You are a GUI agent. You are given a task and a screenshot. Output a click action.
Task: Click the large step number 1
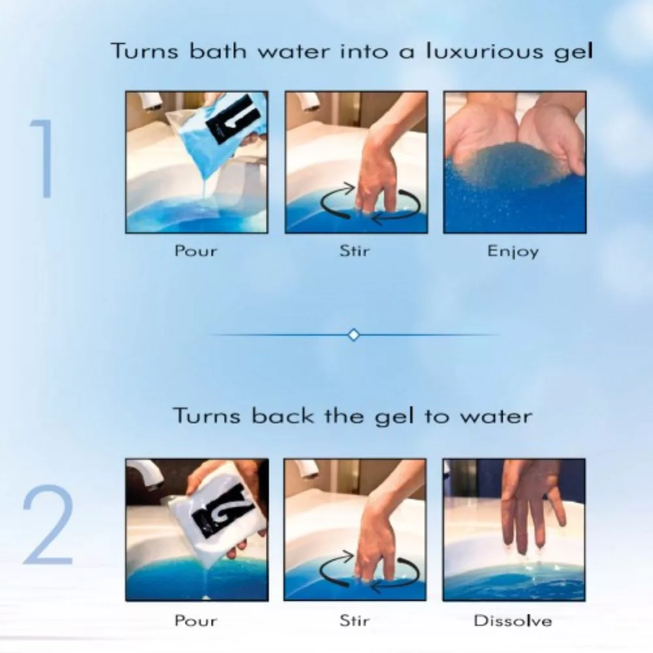click(x=44, y=159)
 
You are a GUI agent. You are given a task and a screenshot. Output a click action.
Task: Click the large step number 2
click(x=48, y=525)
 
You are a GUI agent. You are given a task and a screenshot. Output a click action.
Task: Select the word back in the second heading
click(x=283, y=415)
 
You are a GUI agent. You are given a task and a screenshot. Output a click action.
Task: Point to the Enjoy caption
click(x=513, y=251)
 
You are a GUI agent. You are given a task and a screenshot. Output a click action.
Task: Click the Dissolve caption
click(x=513, y=621)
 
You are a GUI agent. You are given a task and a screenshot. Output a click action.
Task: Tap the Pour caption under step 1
click(x=196, y=251)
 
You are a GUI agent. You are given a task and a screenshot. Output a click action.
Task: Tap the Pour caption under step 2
click(x=196, y=620)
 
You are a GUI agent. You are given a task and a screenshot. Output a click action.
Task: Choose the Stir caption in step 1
click(x=355, y=251)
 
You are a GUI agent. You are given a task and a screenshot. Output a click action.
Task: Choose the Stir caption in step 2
click(x=355, y=620)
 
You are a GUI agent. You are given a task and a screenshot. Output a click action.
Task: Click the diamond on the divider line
click(x=353, y=335)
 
